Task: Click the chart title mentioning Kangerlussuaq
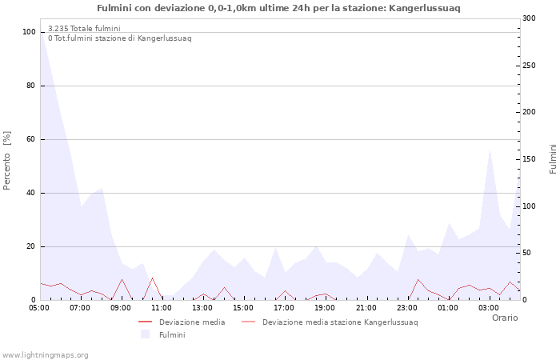point(278,8)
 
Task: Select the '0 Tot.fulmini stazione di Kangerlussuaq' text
point(119,38)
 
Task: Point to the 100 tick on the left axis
point(29,32)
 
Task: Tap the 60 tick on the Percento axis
point(30,139)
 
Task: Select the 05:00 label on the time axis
point(39,308)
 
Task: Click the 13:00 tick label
point(202,308)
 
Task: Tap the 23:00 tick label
point(407,308)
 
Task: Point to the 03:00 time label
point(489,308)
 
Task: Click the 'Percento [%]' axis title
point(8,160)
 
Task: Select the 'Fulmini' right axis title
point(552,159)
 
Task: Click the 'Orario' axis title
point(504,318)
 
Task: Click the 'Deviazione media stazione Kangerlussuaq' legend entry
point(339,322)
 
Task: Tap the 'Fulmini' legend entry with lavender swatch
point(172,334)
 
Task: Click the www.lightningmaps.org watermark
point(45,354)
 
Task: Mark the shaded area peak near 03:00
point(490,148)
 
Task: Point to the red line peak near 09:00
point(122,279)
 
